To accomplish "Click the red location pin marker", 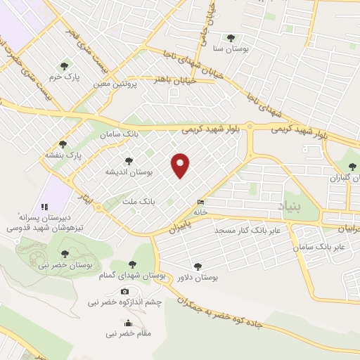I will [181, 165].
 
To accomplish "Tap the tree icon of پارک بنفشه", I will [63, 143].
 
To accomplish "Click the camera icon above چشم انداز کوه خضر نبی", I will [125, 291].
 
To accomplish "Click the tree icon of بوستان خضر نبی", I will [65, 254].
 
